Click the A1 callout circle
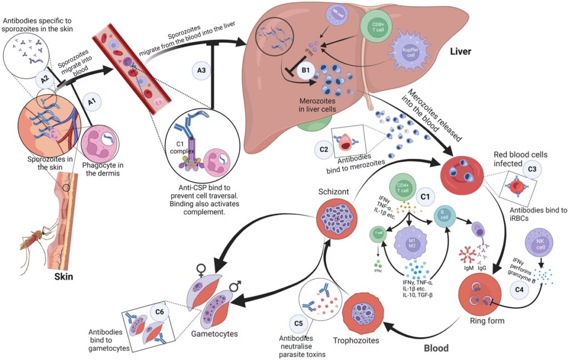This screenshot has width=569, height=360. pyautogui.click(x=92, y=102)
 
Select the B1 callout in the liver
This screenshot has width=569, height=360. pyautogui.click(x=306, y=71)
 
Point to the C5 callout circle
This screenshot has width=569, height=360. pyautogui.click(x=297, y=322)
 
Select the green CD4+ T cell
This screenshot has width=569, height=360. pyautogui.click(x=404, y=186)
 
